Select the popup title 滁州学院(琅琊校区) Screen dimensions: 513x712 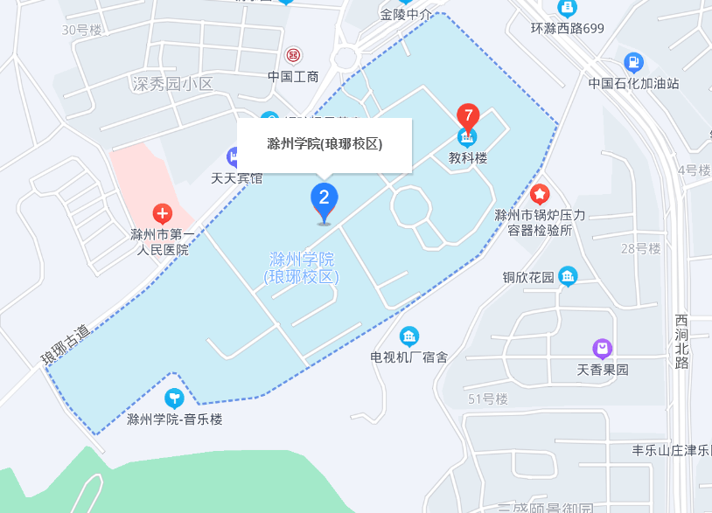[x=325, y=144]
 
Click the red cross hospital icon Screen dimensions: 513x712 [x=162, y=213]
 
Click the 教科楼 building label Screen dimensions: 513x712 [x=468, y=158]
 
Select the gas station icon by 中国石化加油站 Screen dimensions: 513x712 [x=633, y=63]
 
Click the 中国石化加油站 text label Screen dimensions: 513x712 [x=633, y=83]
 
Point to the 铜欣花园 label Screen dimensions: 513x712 [x=528, y=278]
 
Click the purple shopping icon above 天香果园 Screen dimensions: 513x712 [x=602, y=349]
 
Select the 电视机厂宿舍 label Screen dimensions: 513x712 [x=409, y=357]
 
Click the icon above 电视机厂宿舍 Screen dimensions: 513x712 [x=408, y=336]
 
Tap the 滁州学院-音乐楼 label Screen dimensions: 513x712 [x=175, y=419]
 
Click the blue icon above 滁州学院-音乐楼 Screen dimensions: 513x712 [x=175, y=399]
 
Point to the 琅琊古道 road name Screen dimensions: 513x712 [x=66, y=344]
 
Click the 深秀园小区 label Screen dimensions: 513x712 [x=172, y=84]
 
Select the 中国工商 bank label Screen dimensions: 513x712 [x=293, y=76]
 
